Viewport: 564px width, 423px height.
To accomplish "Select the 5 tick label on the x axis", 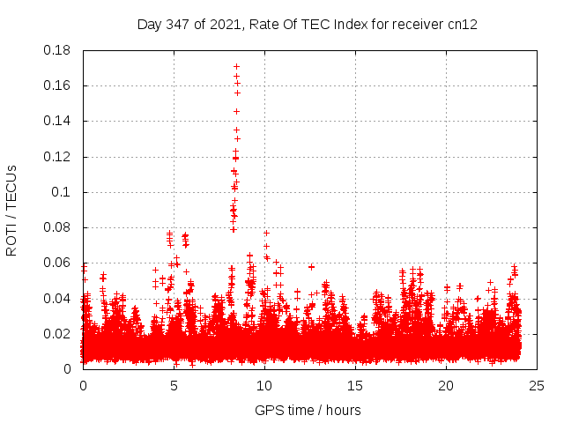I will (174, 386).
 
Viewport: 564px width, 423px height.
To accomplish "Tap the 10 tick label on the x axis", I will (264, 386).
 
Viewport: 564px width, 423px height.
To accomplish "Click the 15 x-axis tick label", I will (355, 386).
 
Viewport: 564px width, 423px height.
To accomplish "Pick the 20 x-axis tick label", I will (446, 386).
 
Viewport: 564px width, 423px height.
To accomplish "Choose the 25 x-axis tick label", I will (537, 386).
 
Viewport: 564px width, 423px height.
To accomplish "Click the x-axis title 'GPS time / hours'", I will (308, 410).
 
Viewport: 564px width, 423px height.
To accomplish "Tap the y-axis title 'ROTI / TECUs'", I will (11, 210).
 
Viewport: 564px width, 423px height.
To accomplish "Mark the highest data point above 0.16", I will (236, 66).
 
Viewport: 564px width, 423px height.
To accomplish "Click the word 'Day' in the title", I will (150, 25).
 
